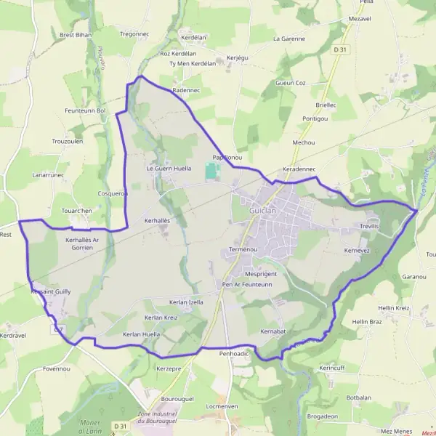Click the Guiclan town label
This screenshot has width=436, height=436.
pyautogui.click(x=263, y=209)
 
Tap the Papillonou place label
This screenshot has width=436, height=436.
pyautogui.click(x=227, y=157)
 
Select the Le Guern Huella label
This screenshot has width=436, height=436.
pyautogui.click(x=169, y=168)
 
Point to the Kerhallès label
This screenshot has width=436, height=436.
pyautogui.click(x=157, y=219)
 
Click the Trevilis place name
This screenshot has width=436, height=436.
pyautogui.click(x=369, y=227)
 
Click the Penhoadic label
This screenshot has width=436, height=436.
pyautogui.click(x=234, y=352)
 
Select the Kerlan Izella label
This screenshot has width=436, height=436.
pyautogui.click(x=186, y=302)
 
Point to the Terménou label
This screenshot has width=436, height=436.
pyautogui.click(x=243, y=249)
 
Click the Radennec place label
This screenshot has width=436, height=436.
pyautogui.click(x=186, y=90)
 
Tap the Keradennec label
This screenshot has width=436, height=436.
pyautogui.click(x=298, y=168)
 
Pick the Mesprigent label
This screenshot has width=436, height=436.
pyautogui.click(x=262, y=273)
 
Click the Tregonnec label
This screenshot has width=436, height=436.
pyautogui.click(x=134, y=33)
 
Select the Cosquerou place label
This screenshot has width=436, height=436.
pyautogui.click(x=113, y=193)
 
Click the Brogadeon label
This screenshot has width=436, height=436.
pyautogui.click(x=322, y=416)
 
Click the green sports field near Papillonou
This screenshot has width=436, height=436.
pyautogui.click(x=211, y=171)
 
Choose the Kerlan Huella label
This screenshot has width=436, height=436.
pyautogui.click(x=141, y=334)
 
